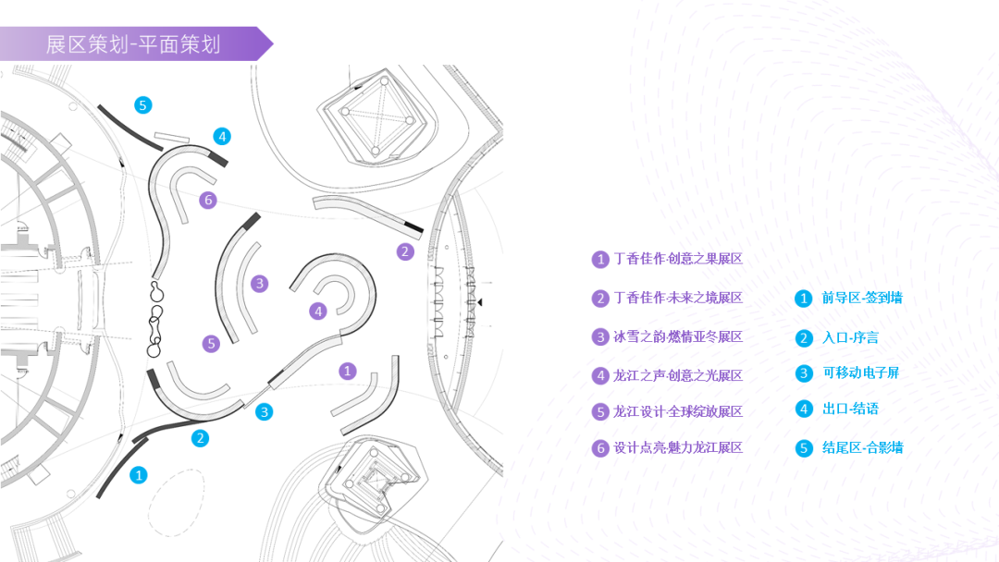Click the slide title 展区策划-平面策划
(133, 44)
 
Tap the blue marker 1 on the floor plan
(138, 475)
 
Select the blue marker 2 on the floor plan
(200, 438)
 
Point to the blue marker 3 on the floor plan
(264, 411)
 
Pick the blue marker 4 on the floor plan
(222, 136)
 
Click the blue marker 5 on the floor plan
(142, 105)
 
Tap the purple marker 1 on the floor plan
(347, 371)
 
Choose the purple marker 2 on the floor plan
(405, 251)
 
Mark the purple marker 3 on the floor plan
(259, 283)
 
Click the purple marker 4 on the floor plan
(318, 311)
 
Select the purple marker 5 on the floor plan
(211, 344)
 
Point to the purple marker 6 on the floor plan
(208, 200)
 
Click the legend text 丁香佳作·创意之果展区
(678, 259)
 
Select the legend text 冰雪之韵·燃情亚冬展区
(678, 336)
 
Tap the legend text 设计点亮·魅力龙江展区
(678, 448)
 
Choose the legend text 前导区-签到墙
(862, 298)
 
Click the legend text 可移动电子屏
(861, 373)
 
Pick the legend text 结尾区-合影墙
(863, 448)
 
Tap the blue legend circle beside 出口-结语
(804, 409)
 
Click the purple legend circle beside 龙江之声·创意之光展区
(600, 376)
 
